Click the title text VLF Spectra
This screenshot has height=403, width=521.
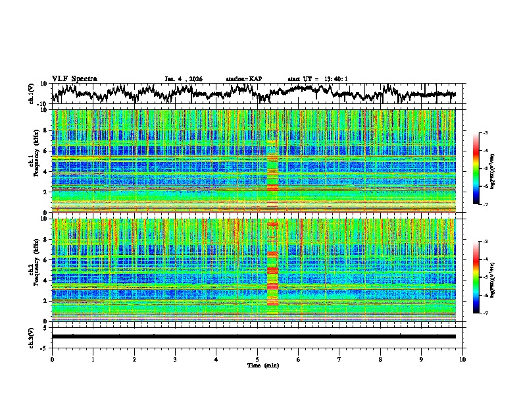tap(74, 78)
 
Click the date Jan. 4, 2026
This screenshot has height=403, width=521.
tap(184, 79)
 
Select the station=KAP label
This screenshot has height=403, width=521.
tap(243, 79)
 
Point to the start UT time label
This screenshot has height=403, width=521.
tap(318, 79)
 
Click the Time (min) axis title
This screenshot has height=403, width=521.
tap(257, 365)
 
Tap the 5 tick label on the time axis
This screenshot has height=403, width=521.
tap(257, 359)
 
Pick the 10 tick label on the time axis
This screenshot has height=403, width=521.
tap(462, 359)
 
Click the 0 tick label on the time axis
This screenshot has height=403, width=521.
tap(52, 359)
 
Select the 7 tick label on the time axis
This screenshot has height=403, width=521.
tap(339, 359)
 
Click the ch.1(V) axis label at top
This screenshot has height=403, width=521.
tap(32, 94)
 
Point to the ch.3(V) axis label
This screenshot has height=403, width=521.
tap(32, 336)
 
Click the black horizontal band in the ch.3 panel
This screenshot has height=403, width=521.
tap(253, 336)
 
